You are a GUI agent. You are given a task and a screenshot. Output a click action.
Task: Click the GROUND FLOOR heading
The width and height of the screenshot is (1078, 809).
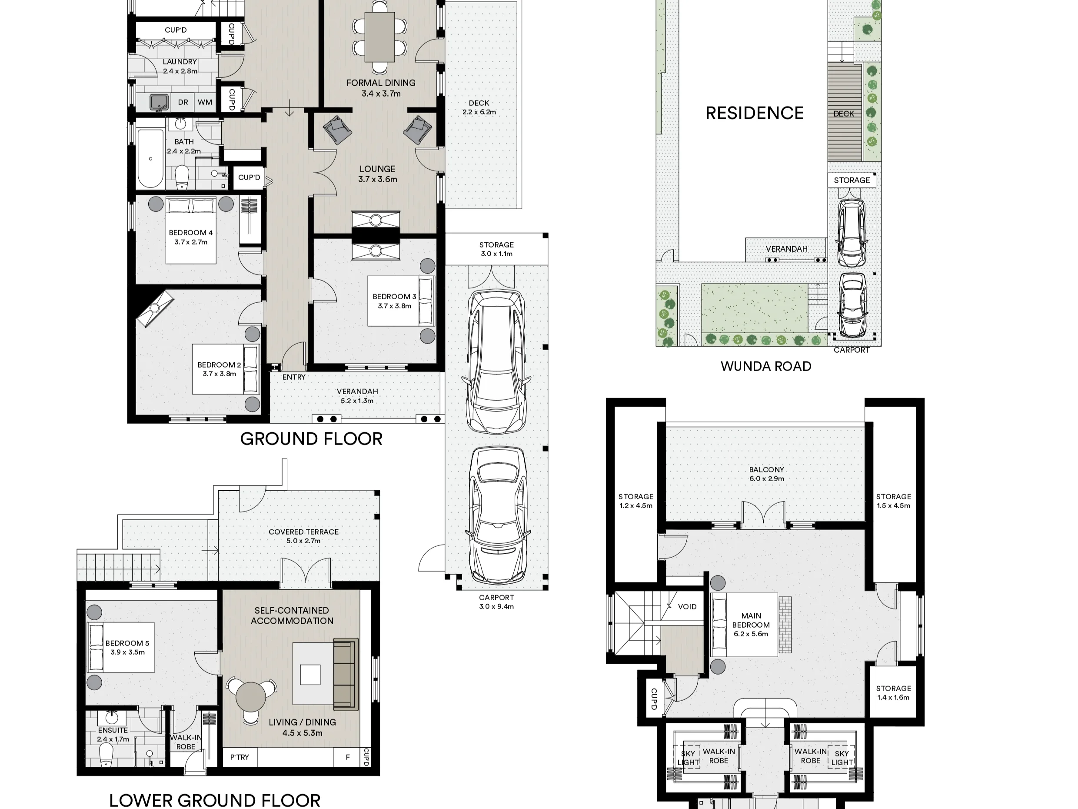(x=311, y=439)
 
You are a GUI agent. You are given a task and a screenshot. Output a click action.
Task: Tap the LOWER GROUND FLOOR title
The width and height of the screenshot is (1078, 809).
(x=215, y=801)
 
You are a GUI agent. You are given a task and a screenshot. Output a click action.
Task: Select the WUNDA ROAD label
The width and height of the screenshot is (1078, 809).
(x=766, y=366)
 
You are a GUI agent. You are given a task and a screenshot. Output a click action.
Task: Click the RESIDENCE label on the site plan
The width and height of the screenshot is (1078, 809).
(x=755, y=113)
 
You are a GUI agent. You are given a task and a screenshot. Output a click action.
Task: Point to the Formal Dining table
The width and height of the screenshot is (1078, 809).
(x=379, y=37)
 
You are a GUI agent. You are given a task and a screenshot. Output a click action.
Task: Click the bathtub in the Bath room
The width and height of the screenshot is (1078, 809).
(x=150, y=158)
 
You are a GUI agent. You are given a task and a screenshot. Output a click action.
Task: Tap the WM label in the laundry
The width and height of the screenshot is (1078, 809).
(x=205, y=102)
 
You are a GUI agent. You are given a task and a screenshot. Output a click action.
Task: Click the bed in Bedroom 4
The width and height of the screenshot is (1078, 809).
(x=191, y=230)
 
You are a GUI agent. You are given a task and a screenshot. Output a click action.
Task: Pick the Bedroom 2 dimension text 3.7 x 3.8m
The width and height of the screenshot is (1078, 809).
(x=220, y=374)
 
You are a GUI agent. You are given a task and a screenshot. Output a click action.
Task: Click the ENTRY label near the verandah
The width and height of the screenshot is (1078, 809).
(x=294, y=377)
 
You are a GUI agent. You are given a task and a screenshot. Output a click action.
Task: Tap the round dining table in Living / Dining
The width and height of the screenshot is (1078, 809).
(x=251, y=697)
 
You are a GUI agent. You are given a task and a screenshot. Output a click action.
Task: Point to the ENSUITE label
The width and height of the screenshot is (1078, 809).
(x=113, y=730)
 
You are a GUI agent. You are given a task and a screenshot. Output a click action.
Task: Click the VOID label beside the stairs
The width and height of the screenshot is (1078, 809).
(x=687, y=607)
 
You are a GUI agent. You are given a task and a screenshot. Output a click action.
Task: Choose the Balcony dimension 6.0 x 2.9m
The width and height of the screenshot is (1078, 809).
(x=767, y=478)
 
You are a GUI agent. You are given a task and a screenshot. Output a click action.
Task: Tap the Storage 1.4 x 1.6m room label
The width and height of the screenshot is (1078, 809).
(x=893, y=692)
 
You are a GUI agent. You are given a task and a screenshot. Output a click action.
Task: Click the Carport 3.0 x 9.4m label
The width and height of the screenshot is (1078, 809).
(x=496, y=602)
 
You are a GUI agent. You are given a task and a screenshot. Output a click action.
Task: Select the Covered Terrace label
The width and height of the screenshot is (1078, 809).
(x=303, y=532)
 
